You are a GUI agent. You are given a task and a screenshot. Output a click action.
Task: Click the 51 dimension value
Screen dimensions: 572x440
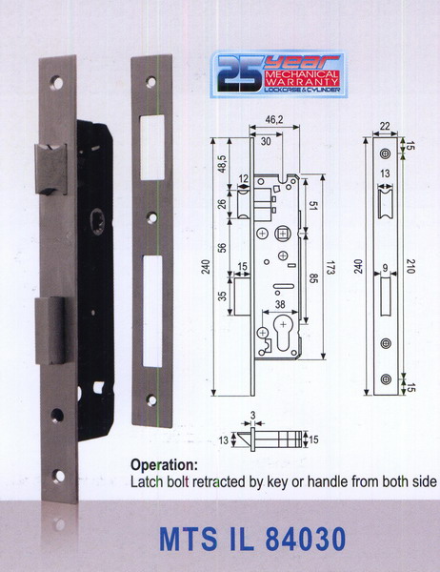coord(311,209)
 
